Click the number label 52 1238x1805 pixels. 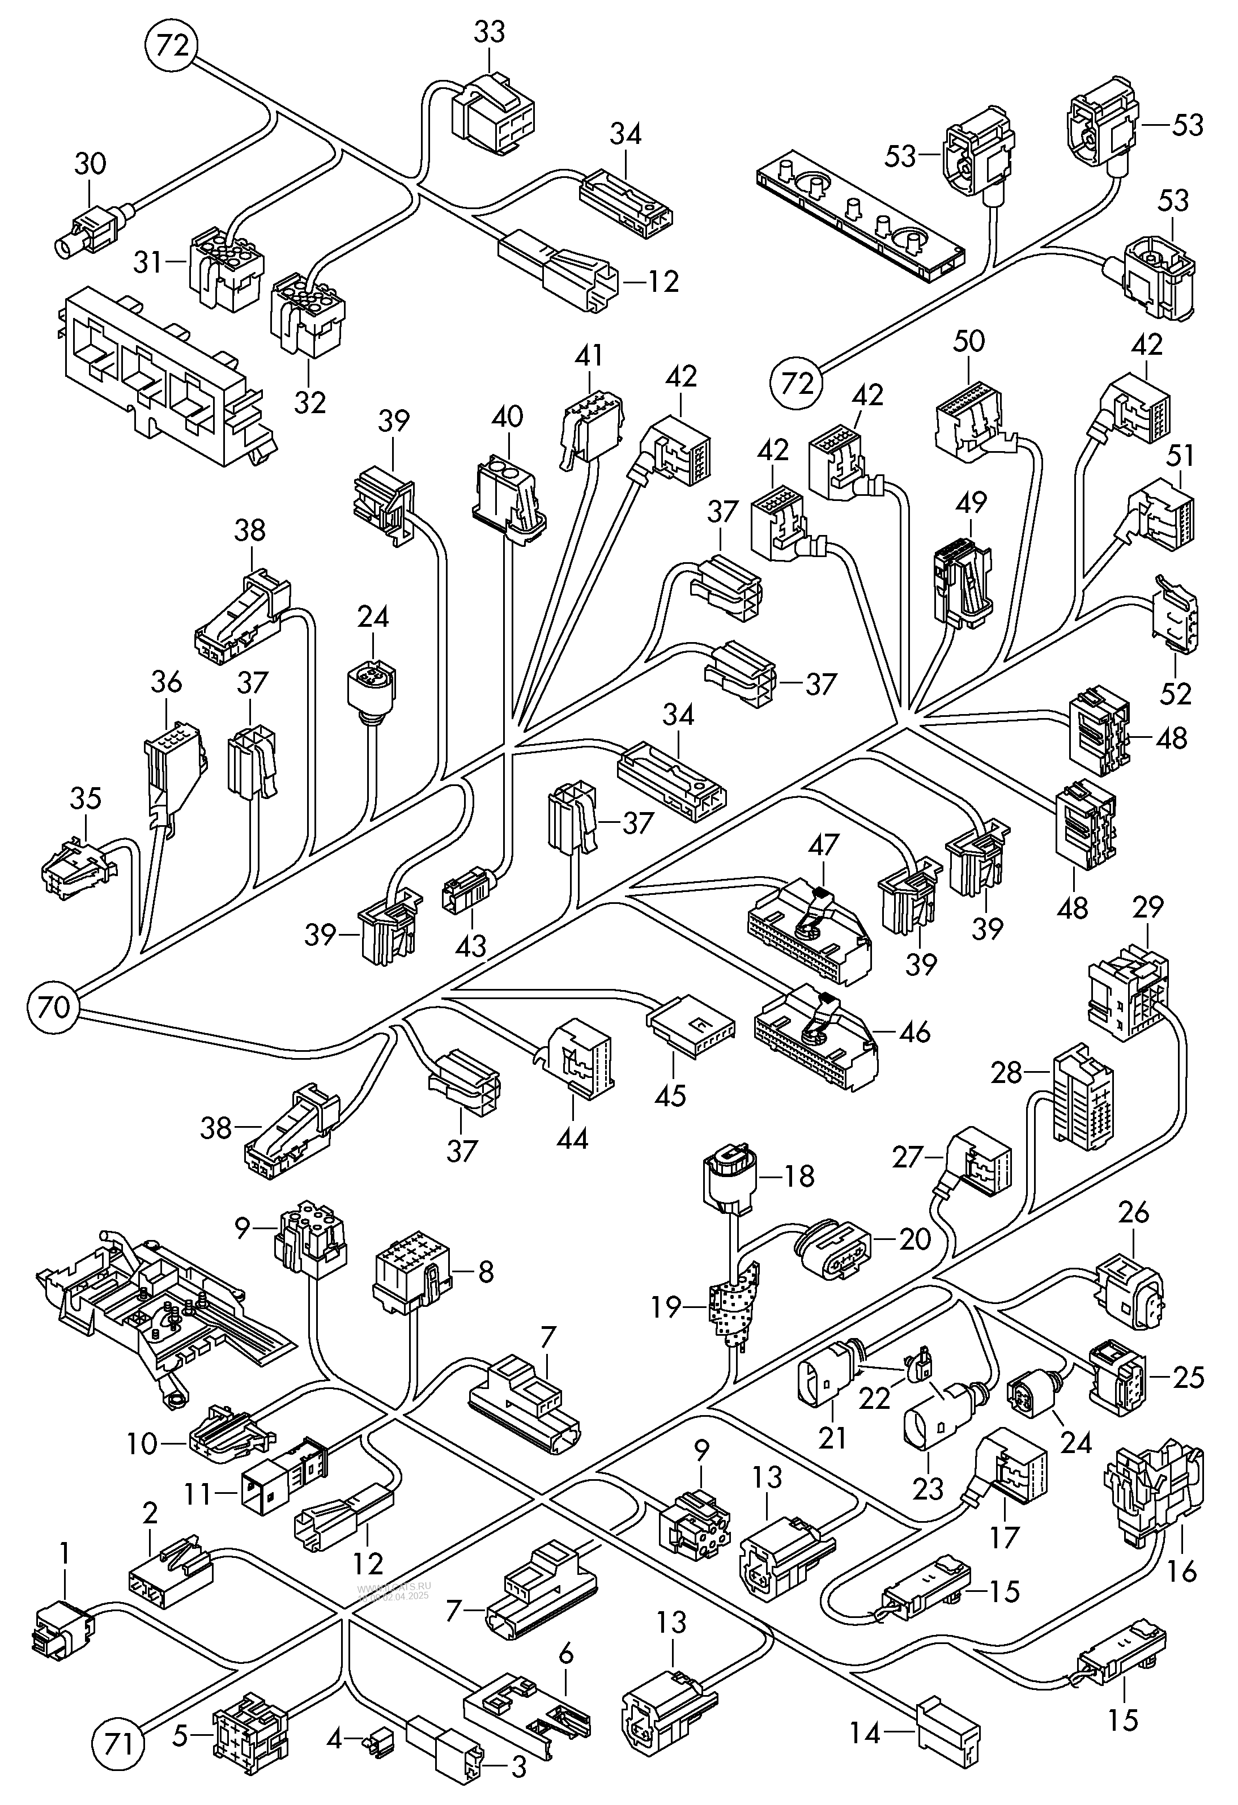pyautogui.click(x=1176, y=693)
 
